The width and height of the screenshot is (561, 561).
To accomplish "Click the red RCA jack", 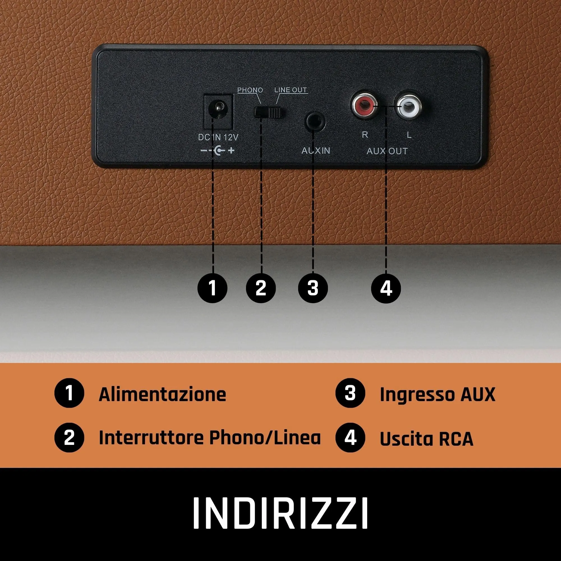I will [x=365, y=106].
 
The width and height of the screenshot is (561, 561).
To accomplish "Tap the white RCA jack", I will [x=409, y=107].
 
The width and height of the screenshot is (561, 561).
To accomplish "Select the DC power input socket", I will [x=218, y=111].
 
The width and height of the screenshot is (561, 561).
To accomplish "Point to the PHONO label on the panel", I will [x=250, y=90].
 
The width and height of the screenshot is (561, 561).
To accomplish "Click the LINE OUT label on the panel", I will [x=290, y=90].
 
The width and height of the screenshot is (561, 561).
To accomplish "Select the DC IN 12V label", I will [x=218, y=137].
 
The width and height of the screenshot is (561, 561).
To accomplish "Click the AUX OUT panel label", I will [x=387, y=151].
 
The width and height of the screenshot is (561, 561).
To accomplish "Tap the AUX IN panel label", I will [x=316, y=150].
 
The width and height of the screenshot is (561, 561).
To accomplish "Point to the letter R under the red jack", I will [x=365, y=135].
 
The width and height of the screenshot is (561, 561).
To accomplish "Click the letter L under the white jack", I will [x=409, y=135].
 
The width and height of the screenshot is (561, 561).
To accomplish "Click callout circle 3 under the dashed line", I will [x=313, y=288].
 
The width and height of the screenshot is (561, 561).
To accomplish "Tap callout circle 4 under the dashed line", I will [x=386, y=288].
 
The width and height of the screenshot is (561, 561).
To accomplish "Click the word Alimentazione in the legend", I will [x=162, y=394].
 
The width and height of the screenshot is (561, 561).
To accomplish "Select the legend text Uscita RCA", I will [x=426, y=438].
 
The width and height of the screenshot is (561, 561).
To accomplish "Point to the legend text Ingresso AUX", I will [x=437, y=394].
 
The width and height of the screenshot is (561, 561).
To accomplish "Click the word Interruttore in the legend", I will [x=151, y=438].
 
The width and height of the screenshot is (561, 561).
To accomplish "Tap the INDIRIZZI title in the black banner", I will [x=280, y=513].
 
